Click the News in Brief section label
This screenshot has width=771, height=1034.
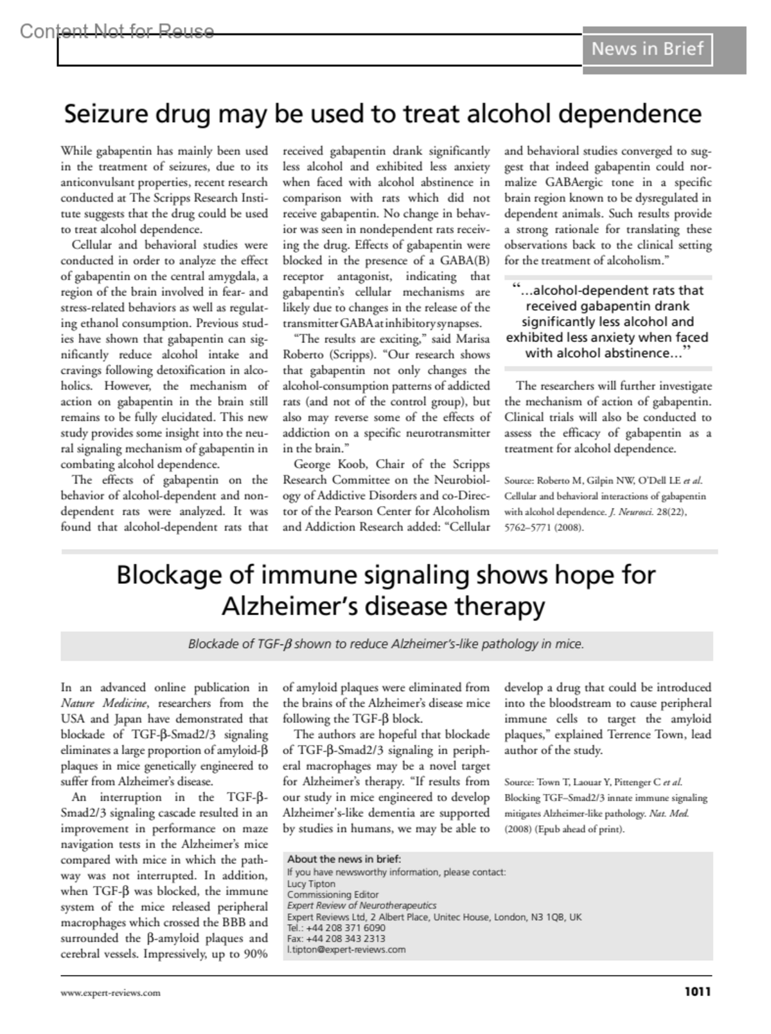(x=647, y=49)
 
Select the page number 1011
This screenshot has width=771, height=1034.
(x=697, y=992)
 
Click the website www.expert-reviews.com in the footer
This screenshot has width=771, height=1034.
(x=111, y=993)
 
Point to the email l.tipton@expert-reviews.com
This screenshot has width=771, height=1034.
(x=346, y=949)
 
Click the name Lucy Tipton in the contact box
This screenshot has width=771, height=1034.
(x=311, y=884)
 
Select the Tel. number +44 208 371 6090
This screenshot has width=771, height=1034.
(x=346, y=927)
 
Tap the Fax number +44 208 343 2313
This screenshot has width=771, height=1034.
(x=346, y=938)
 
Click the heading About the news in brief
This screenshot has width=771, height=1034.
(x=344, y=859)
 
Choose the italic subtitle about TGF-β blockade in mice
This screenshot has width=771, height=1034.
(x=386, y=644)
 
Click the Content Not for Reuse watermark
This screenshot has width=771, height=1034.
(x=116, y=31)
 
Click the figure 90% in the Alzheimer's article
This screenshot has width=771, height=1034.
(x=254, y=954)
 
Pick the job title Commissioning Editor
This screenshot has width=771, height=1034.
(x=333, y=895)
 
